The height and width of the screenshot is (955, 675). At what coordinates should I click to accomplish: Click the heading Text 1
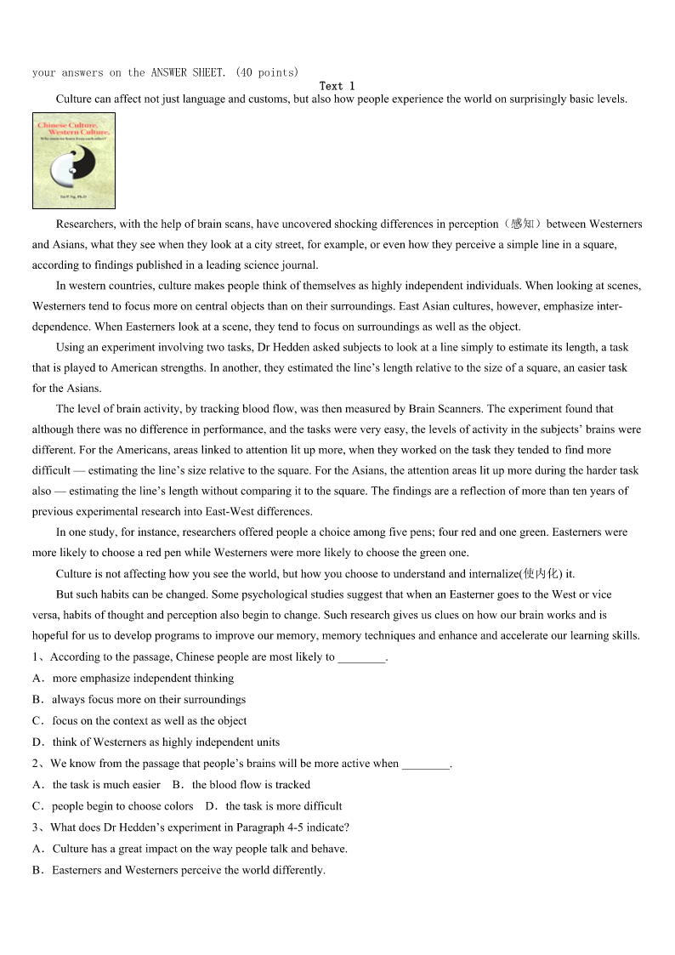[x=337, y=86]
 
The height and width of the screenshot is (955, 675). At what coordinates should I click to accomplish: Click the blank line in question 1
[x=361, y=657]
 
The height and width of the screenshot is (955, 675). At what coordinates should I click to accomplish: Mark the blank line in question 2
[x=425, y=764]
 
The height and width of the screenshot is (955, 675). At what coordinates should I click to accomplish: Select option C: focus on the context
[x=149, y=721]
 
